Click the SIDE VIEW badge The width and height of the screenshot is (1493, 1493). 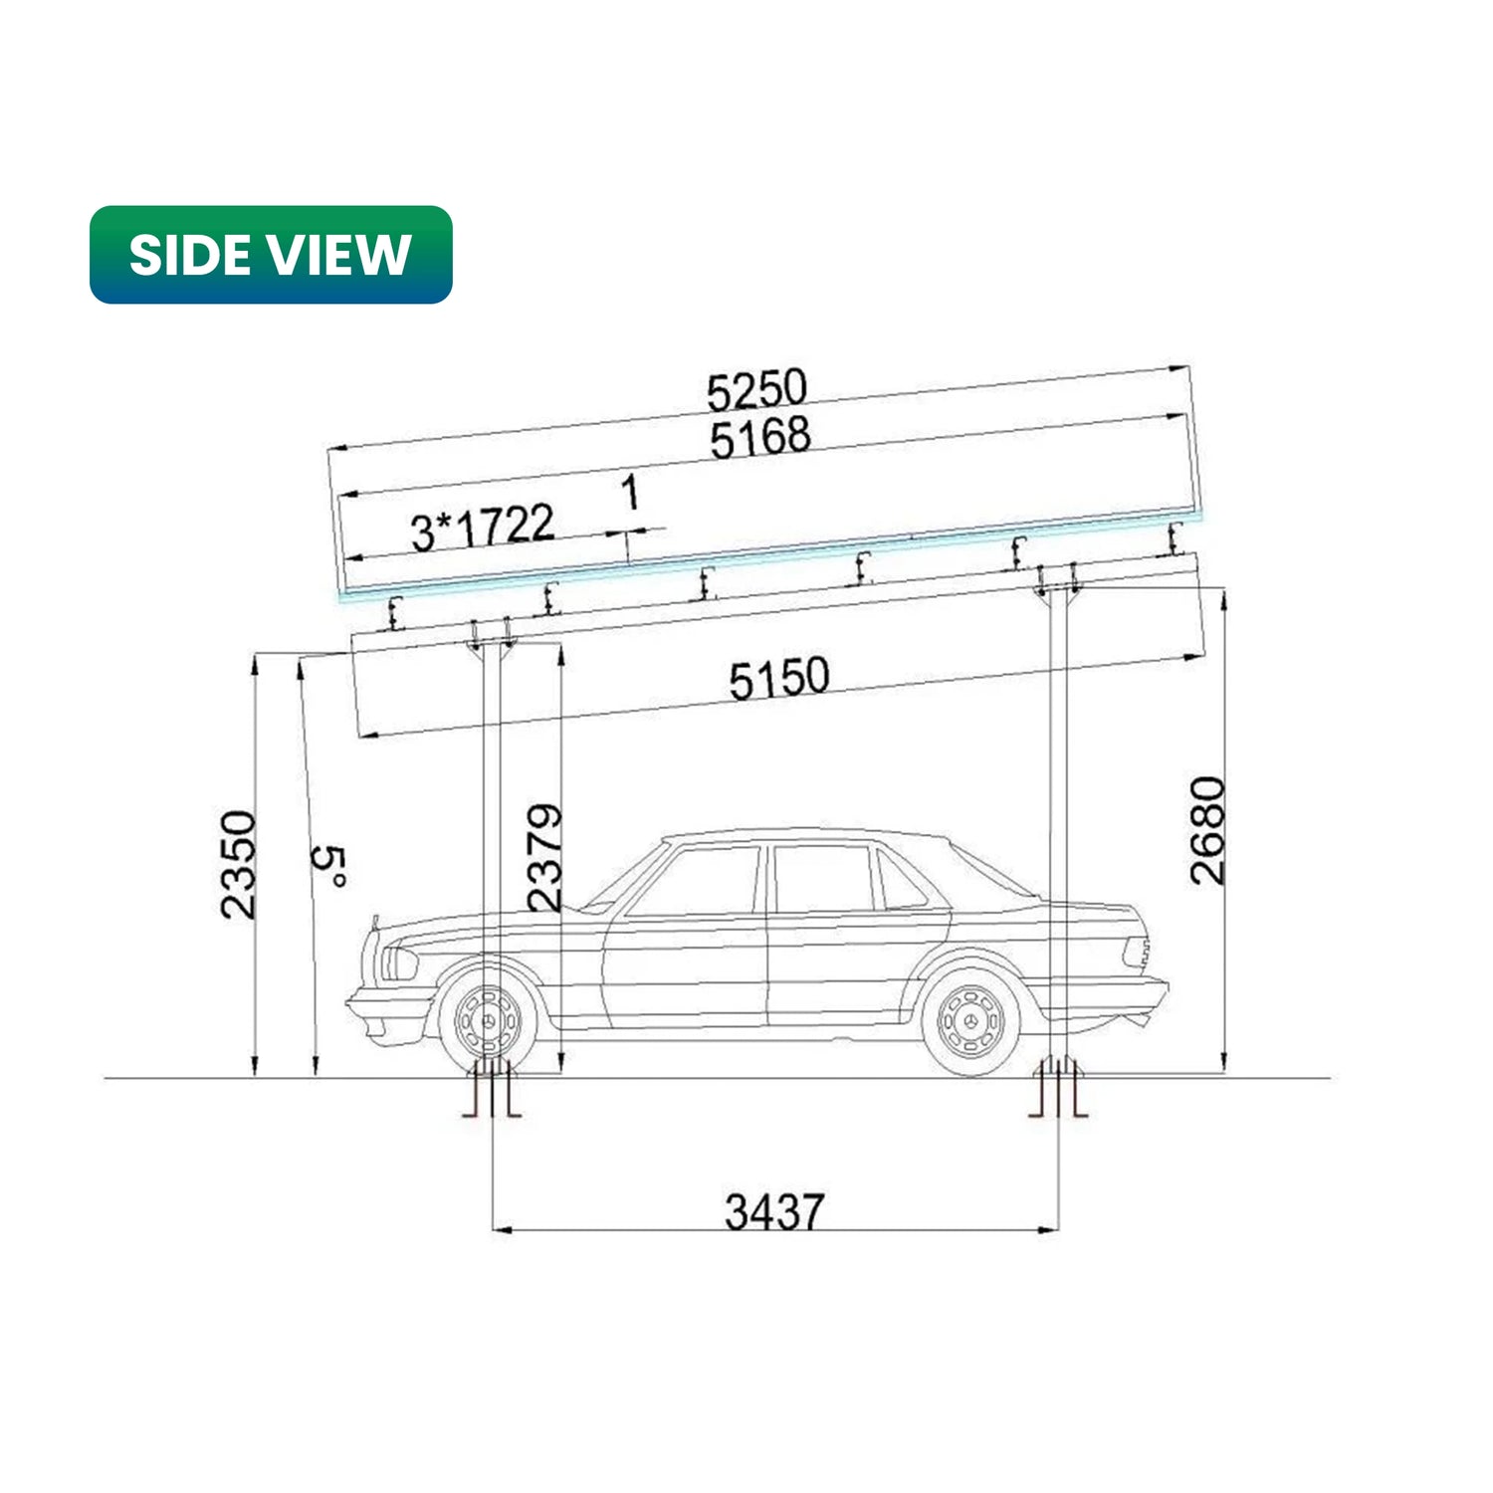click(x=271, y=255)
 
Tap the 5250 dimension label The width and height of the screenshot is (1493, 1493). click(x=756, y=390)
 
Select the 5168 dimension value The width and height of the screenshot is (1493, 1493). click(x=760, y=438)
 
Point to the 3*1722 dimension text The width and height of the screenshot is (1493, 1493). click(x=483, y=528)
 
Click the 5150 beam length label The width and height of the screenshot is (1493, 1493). click(x=779, y=679)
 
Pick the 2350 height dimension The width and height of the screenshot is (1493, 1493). click(x=239, y=864)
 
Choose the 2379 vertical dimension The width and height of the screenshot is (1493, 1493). click(x=544, y=858)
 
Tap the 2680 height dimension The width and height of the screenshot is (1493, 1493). click(x=1208, y=831)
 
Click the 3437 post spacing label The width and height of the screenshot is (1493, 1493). click(x=774, y=1212)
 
